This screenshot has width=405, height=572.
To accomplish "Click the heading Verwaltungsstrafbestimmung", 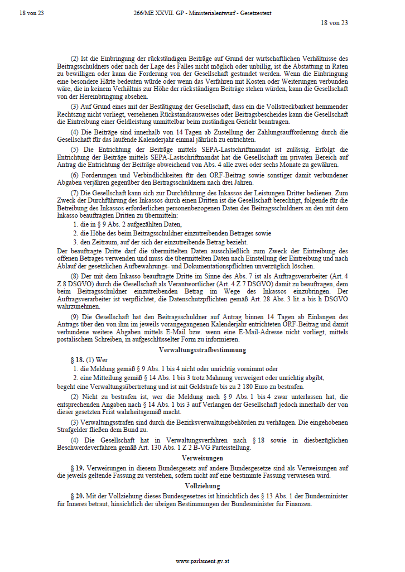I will [202, 350].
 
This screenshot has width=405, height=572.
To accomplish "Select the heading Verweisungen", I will [202, 458].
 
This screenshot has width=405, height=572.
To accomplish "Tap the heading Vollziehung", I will [202, 486].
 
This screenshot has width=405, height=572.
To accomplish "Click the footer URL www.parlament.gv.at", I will [202, 561].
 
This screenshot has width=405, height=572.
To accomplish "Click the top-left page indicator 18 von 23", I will [31, 13].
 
